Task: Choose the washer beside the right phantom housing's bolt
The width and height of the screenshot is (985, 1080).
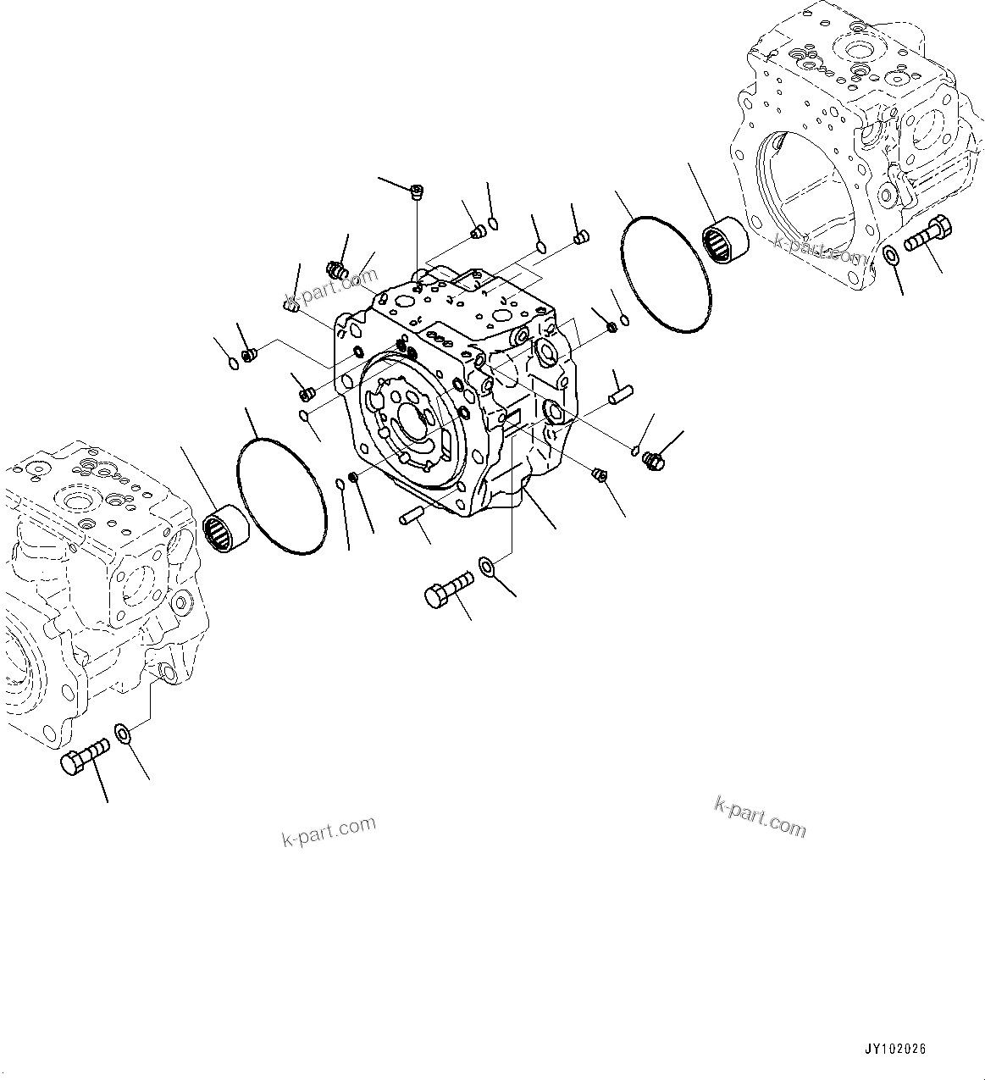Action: pyautogui.click(x=891, y=255)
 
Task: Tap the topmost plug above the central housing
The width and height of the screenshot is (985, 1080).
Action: pyautogui.click(x=416, y=192)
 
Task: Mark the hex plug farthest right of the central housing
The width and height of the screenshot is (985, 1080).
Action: pyautogui.click(x=653, y=459)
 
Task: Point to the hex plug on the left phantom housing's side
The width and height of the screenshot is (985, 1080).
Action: pyautogui.click(x=180, y=603)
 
